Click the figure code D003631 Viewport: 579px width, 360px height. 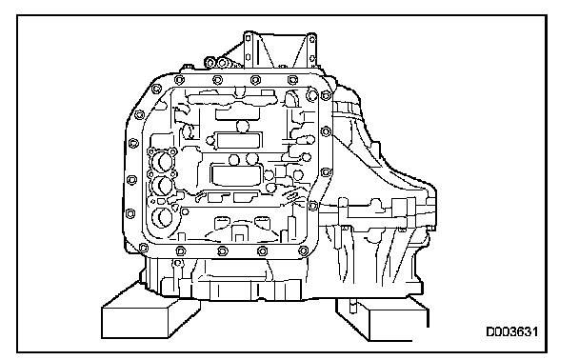511,331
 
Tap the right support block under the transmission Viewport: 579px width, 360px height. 382,319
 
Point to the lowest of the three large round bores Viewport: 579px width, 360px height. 162,217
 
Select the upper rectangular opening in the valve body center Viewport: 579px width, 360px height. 238,140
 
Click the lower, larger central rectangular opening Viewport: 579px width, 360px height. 237,175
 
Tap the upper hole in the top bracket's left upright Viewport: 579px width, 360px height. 249,38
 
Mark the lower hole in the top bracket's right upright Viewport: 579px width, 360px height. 312,58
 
